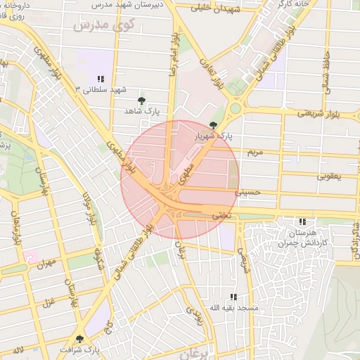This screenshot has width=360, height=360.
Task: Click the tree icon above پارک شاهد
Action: pyautogui.click(x=142, y=101)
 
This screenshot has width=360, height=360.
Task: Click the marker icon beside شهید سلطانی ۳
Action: pyautogui.click(x=101, y=78)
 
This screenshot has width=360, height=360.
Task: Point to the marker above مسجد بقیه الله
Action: pyautogui.click(x=233, y=297)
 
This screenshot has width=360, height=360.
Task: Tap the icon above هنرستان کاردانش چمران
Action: pyautogui.click(x=302, y=221)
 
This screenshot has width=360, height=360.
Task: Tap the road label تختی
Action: pyautogui.click(x=221, y=215)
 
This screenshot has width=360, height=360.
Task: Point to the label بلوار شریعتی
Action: pyautogui.click(x=318, y=112)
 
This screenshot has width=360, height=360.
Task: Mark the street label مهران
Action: pyautogui.click(x=47, y=264)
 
